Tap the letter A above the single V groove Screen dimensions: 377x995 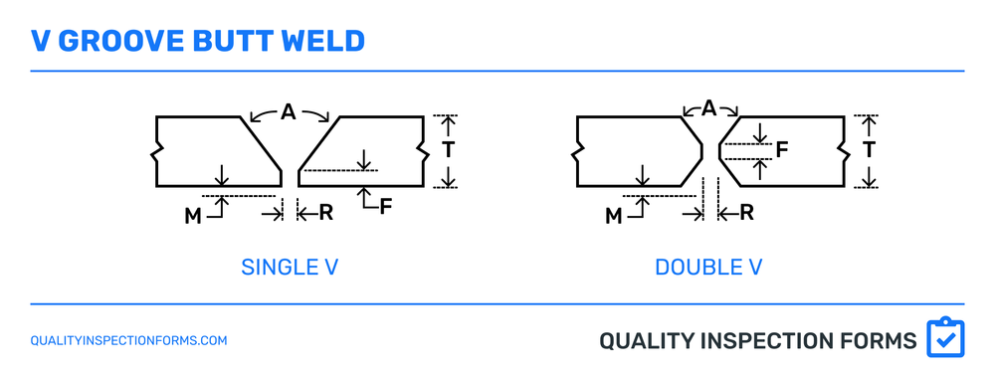[289, 113]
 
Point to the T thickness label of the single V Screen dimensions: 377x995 [449, 149]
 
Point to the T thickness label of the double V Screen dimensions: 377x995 [870, 149]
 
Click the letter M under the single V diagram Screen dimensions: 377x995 [193, 215]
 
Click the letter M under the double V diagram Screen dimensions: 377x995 [614, 215]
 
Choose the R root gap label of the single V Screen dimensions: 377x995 [325, 212]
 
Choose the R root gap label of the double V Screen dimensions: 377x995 [746, 212]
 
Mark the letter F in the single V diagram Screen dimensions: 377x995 [386, 207]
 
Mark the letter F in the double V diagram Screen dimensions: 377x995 [782, 150]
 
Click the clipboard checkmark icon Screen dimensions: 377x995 [945, 338]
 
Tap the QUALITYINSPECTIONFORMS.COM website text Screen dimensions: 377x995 [129, 340]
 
